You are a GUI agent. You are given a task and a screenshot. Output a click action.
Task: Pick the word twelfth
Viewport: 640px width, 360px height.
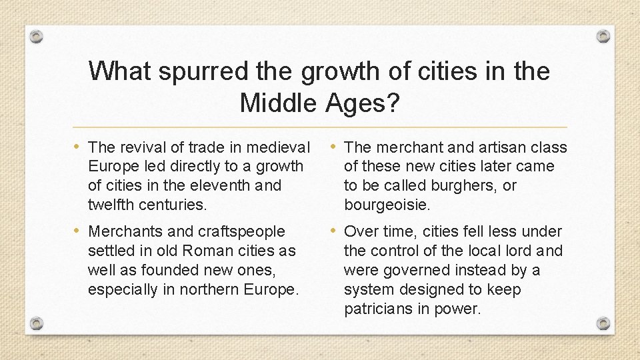111,205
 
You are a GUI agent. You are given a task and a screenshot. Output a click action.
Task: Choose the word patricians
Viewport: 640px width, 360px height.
378,309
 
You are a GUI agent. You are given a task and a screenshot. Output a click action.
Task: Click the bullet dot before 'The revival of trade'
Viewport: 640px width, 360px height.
79,147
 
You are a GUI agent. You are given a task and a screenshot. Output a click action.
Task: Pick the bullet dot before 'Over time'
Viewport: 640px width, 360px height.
335,231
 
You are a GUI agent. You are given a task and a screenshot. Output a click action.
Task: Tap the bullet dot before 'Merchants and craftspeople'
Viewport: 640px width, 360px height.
79,231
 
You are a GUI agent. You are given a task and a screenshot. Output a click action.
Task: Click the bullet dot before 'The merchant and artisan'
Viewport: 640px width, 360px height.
335,147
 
